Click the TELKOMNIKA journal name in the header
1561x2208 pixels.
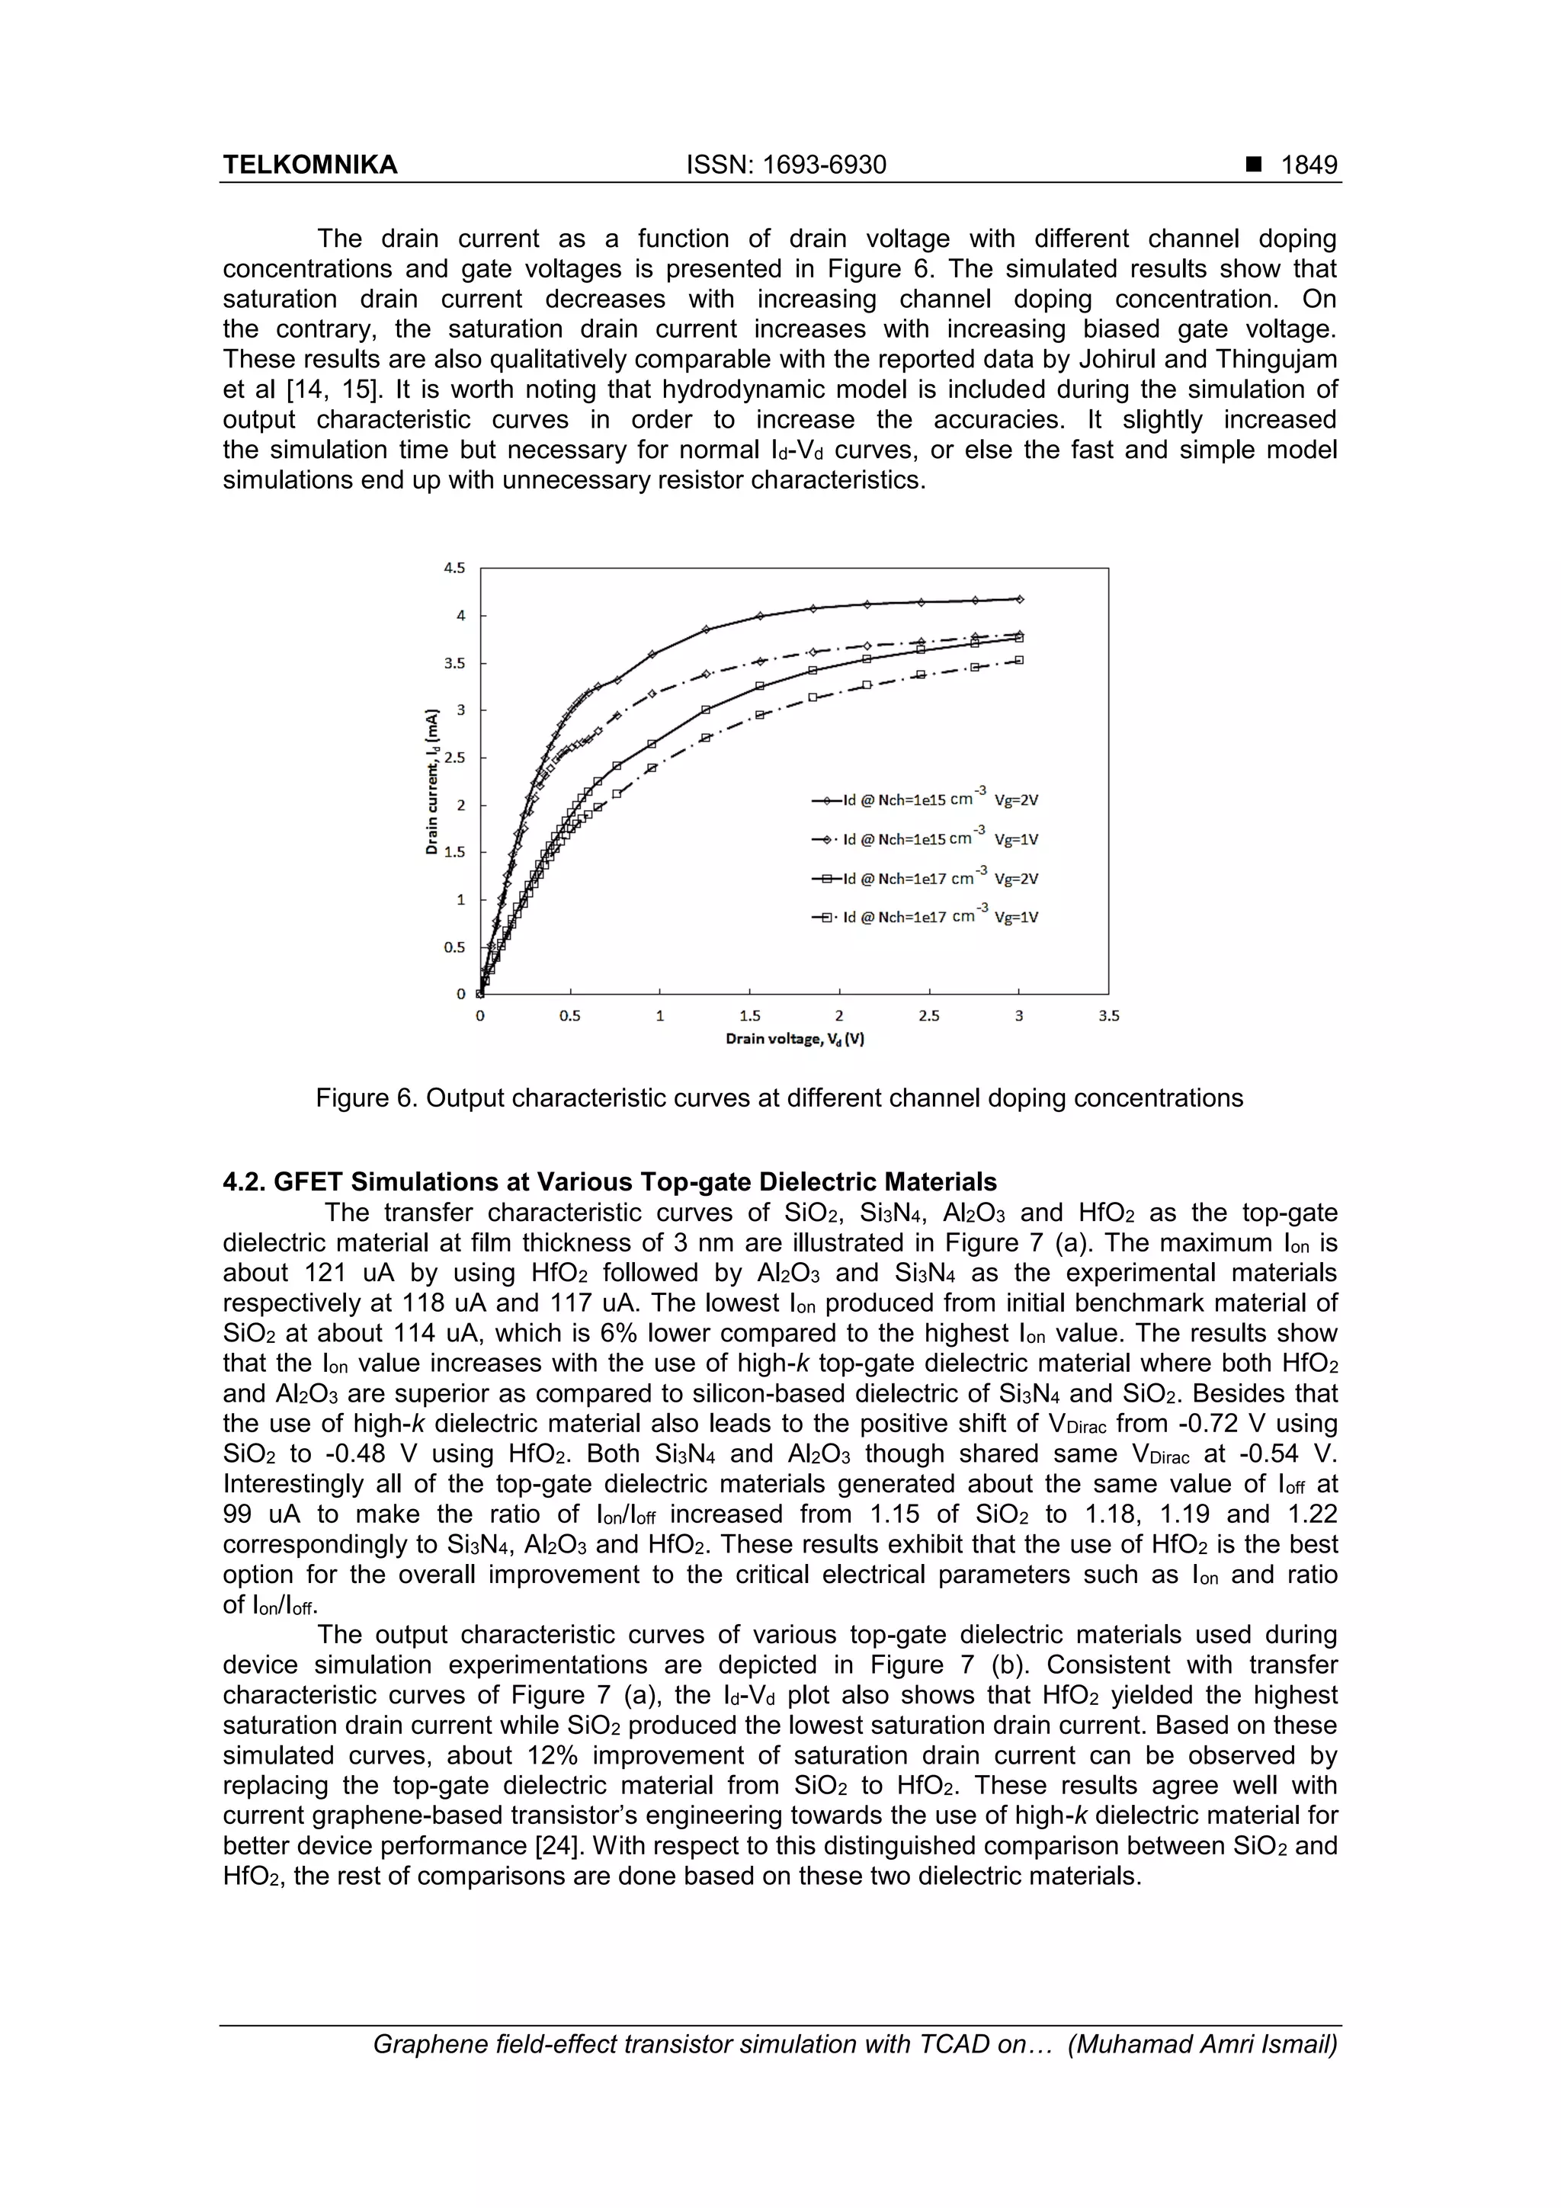point(309,165)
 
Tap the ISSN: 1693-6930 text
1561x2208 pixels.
point(786,165)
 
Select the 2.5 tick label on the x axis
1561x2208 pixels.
point(928,1015)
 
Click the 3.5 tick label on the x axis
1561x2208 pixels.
point(1108,1015)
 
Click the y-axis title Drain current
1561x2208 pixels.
point(433,781)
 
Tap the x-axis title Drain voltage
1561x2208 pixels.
point(794,1039)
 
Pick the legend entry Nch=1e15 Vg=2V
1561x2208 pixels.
point(928,800)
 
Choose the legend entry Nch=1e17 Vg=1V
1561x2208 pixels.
point(928,916)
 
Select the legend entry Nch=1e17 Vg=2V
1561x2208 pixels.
point(928,878)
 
